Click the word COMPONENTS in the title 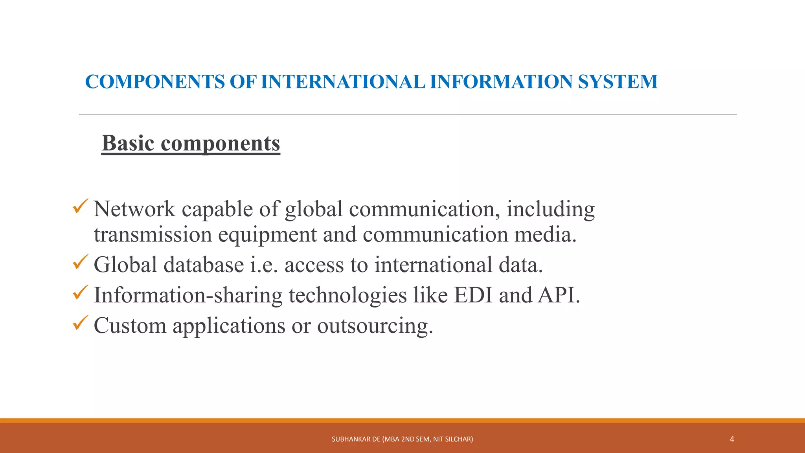click(155, 82)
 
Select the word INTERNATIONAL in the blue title click(342, 82)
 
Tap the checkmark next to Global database click(80, 262)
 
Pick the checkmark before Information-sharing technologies click(80, 293)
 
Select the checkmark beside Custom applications click(80, 323)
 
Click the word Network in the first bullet click(134, 209)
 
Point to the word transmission click(153, 235)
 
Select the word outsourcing click(375, 326)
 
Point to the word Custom click(130, 326)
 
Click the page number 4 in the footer click(731, 439)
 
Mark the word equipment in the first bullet click(267, 235)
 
